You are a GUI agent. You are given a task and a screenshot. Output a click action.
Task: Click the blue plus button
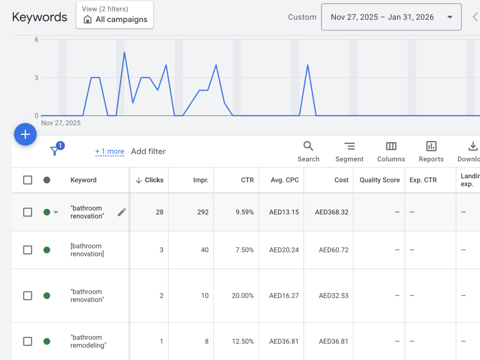click(25, 134)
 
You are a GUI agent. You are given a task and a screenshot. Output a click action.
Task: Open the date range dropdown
click(391, 17)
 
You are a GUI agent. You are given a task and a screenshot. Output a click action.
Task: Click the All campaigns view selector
click(115, 15)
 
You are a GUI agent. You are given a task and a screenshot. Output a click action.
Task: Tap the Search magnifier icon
click(308, 146)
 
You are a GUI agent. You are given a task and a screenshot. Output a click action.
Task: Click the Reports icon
click(431, 146)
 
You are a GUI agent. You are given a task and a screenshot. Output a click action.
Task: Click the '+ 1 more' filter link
click(109, 151)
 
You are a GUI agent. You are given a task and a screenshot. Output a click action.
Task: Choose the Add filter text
click(148, 151)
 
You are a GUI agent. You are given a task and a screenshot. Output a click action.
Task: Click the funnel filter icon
click(55, 150)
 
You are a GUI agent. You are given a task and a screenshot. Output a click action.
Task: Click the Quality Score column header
click(380, 180)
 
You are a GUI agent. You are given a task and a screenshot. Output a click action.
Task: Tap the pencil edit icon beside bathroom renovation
click(121, 212)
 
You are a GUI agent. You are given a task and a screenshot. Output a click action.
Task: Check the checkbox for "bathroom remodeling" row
click(27, 341)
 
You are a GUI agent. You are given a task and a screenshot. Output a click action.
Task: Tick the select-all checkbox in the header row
click(27, 180)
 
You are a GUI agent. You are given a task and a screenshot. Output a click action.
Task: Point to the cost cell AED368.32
click(332, 212)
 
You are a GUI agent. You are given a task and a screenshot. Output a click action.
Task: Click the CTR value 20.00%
click(242, 296)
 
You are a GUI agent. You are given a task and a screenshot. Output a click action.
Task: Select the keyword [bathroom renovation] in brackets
click(87, 250)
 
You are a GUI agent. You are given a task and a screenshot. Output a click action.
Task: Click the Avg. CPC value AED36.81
click(284, 341)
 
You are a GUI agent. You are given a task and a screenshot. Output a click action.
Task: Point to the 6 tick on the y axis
click(36, 39)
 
